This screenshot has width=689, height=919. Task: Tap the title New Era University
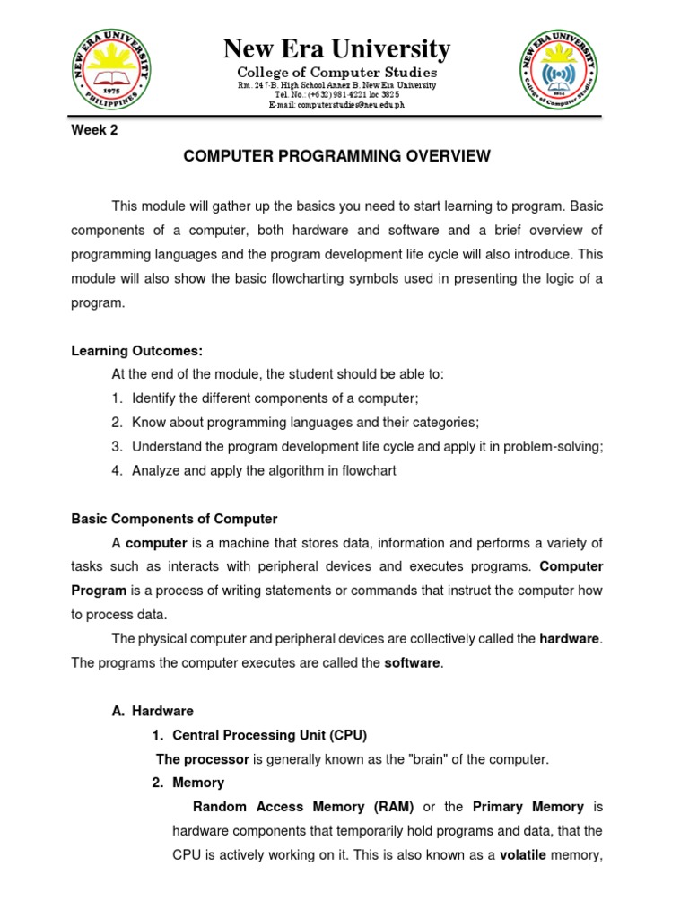coord(336,48)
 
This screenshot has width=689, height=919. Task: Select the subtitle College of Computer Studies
coord(336,72)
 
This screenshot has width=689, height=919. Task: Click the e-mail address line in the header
coord(336,105)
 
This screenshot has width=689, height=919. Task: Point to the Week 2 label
coord(94,129)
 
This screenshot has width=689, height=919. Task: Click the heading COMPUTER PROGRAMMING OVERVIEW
coord(336,156)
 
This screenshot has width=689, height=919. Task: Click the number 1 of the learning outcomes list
coord(117,398)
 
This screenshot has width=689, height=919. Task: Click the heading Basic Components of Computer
coord(174,519)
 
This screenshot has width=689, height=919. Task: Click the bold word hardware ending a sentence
coord(570,639)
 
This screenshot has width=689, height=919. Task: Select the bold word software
coord(413,663)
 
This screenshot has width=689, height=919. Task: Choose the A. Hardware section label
coord(153,711)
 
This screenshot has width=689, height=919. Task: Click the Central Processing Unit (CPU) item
coord(269,735)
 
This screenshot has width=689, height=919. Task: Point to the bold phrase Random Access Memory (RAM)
coord(303,807)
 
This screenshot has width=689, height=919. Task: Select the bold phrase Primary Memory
coord(528,807)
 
